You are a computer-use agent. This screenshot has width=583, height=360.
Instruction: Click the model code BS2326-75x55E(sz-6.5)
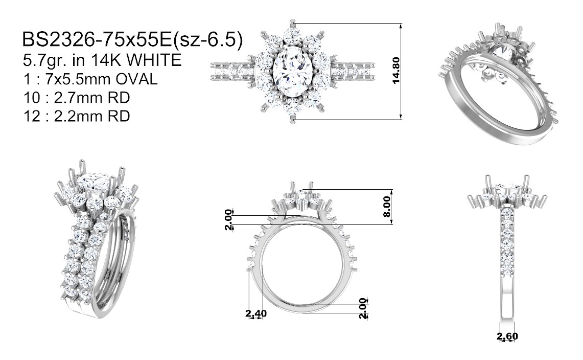132,39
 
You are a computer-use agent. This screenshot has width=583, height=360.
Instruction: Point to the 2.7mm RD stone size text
92,98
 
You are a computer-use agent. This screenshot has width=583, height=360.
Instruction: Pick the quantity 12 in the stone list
31,116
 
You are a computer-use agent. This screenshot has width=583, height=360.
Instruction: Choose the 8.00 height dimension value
387,207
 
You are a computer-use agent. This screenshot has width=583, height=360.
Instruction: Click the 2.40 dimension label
256,313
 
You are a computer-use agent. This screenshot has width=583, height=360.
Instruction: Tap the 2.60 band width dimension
507,336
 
